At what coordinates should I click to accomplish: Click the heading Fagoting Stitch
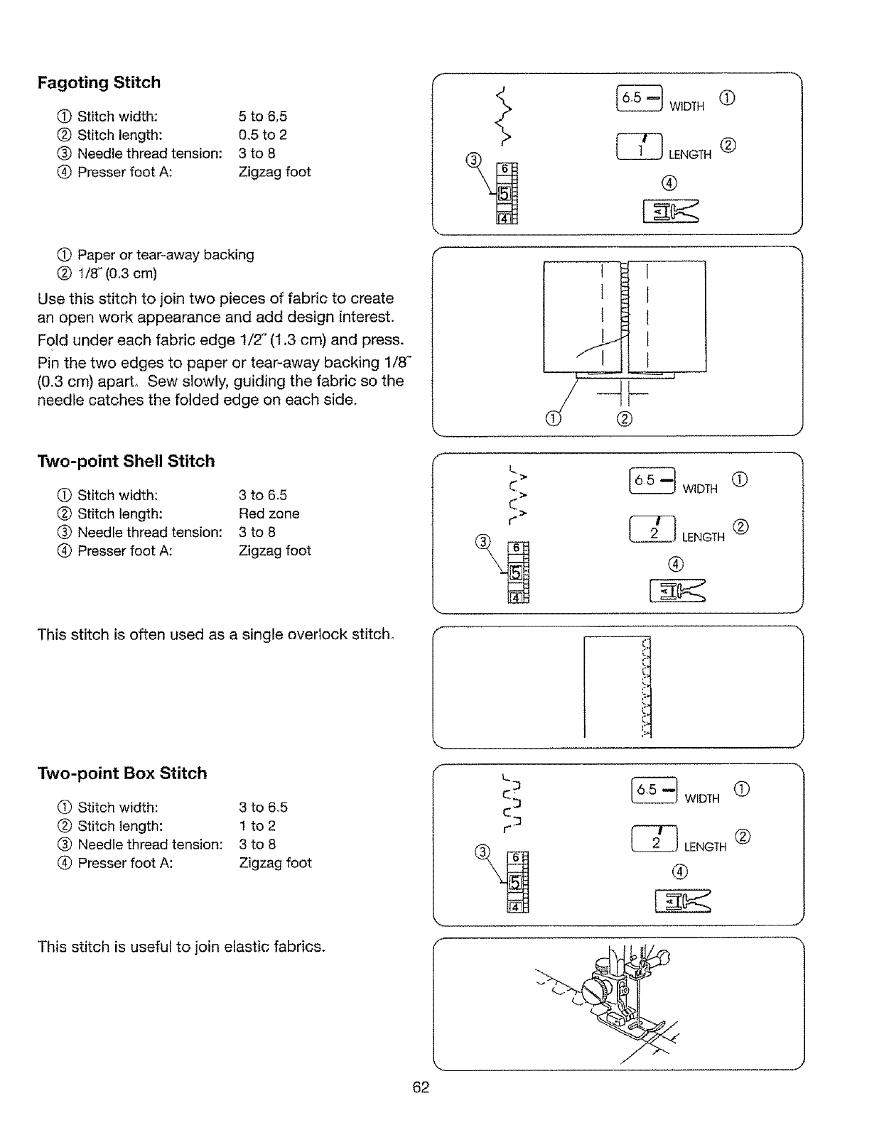point(99,82)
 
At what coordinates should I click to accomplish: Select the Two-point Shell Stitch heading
point(126,461)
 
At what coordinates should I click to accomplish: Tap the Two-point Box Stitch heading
point(122,773)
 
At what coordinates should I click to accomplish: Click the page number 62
point(421,1087)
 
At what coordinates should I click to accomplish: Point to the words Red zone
point(269,513)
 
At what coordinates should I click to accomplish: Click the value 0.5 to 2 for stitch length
point(262,135)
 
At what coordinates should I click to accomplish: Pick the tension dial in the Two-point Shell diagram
point(518,572)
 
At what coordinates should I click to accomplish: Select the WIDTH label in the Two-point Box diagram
point(702,799)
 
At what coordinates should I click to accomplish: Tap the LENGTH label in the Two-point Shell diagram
point(703,538)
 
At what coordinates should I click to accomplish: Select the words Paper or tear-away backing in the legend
point(166,255)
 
